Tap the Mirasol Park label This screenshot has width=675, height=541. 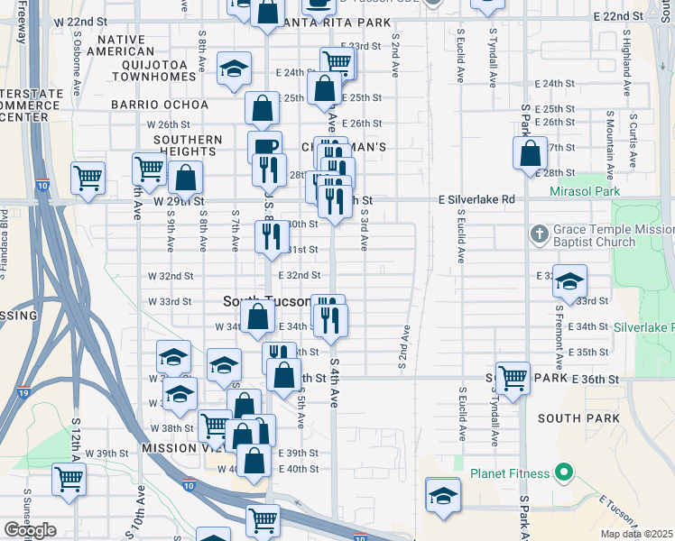click(584, 192)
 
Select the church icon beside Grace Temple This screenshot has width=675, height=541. click(539, 234)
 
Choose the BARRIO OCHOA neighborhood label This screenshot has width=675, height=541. click(160, 105)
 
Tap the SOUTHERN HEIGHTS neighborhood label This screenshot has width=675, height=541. click(188, 146)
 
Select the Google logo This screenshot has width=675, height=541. click(30, 529)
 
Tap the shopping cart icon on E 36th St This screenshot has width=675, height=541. click(512, 376)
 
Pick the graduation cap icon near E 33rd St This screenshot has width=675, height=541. click(569, 281)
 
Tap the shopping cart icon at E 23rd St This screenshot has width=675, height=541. click(337, 62)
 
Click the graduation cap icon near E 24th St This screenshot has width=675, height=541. click(235, 70)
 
